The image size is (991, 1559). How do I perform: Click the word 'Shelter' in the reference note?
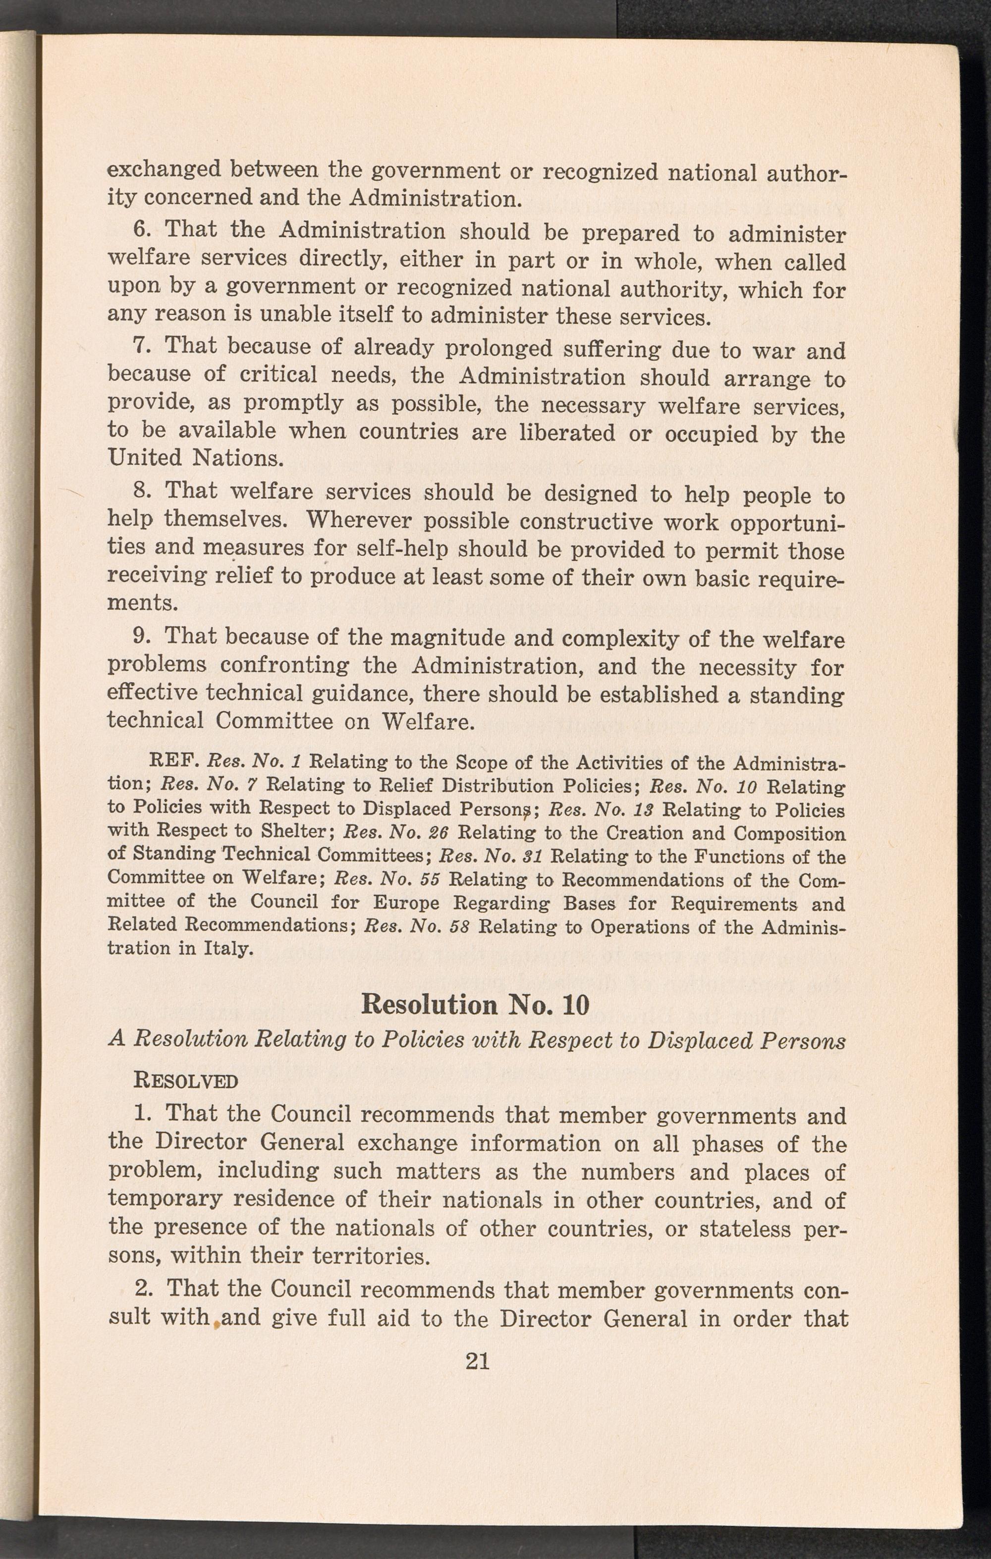tap(295, 833)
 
